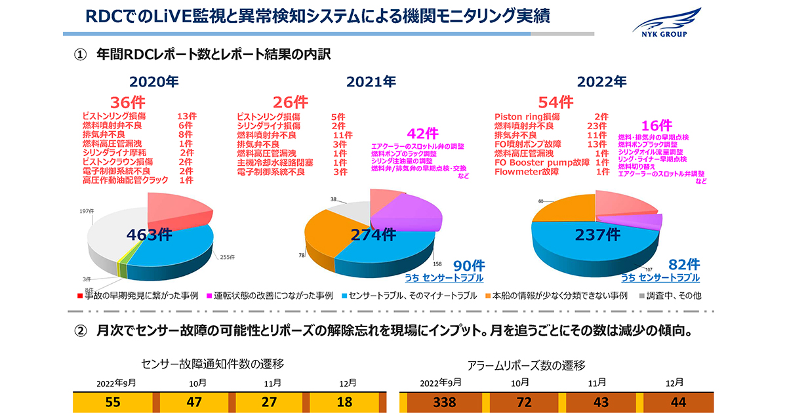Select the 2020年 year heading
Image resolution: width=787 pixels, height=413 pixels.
pos(153,82)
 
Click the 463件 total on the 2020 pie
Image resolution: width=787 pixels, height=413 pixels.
pos(150,235)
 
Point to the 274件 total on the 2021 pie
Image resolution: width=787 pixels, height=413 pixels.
pos(373,235)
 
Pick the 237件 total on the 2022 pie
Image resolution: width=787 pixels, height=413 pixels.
pos(596,234)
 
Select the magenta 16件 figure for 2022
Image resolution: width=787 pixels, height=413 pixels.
pos(656,125)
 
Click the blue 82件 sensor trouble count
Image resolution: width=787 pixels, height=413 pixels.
pos(684,264)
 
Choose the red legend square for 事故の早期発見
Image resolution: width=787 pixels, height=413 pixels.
pos(79,295)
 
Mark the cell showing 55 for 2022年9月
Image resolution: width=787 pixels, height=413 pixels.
pos(113,402)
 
